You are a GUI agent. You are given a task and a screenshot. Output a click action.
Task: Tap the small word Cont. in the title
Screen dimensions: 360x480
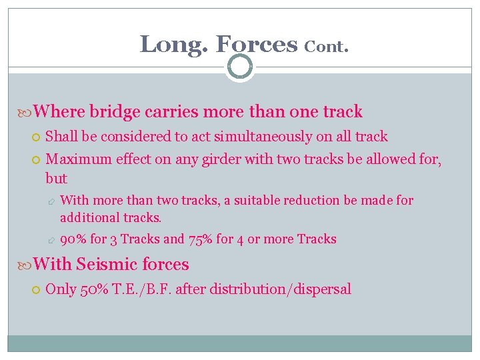(327, 47)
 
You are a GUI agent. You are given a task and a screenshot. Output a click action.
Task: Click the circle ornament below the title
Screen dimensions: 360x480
(240, 67)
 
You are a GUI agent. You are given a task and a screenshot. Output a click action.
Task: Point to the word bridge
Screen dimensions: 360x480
(112, 111)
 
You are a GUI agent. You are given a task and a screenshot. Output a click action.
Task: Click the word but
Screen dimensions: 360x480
(56, 179)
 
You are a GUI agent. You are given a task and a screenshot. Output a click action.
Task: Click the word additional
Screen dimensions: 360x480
(87, 217)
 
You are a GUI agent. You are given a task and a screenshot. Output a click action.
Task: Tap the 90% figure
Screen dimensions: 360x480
(72, 239)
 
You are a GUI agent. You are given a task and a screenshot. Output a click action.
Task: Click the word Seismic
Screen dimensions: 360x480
(105, 265)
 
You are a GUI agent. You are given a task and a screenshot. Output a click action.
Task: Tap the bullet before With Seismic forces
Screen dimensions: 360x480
(25, 265)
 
